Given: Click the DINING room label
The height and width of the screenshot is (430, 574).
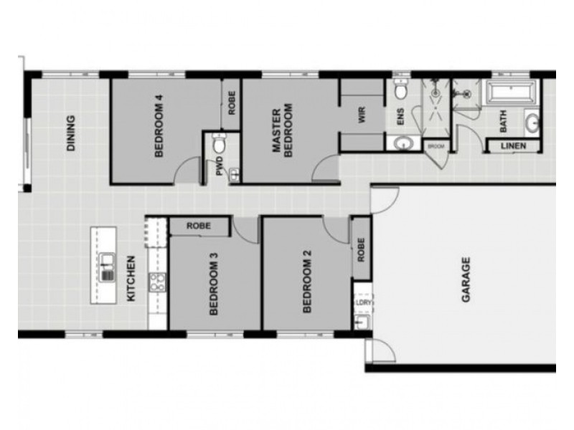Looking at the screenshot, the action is point(70,133).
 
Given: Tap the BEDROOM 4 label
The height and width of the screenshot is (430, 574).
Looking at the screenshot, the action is point(159,126).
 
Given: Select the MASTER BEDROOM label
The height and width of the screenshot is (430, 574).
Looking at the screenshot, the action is point(282,130).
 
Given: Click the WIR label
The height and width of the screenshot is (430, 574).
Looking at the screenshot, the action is point(362,115).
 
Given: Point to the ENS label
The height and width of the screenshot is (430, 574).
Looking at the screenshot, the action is point(400,117).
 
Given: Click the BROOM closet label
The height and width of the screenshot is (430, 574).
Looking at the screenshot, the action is point(436,146).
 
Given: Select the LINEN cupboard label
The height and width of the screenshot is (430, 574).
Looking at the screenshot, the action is point(513,146).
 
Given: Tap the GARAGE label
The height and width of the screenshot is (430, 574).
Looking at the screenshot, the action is point(466,279).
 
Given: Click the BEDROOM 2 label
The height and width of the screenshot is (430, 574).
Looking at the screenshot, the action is point(307,282).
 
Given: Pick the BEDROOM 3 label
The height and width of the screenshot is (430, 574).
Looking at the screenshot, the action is point(214,284).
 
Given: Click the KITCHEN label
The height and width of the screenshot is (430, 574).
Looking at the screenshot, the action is point(131,279).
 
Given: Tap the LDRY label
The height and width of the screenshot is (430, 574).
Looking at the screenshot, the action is point(363,302).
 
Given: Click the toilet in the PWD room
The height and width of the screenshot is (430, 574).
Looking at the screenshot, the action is point(220,143).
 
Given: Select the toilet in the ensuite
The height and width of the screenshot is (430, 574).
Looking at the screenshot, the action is point(401,88).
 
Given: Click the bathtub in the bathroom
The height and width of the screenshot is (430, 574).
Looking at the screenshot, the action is point(511,92).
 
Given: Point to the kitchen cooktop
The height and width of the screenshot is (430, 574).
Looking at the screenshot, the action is point(157,282).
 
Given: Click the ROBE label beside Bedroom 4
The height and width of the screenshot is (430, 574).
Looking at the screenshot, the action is point(232,103).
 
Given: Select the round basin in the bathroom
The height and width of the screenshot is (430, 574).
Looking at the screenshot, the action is point(532,123).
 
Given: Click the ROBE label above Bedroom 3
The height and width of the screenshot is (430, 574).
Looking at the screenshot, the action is point(199,226).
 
